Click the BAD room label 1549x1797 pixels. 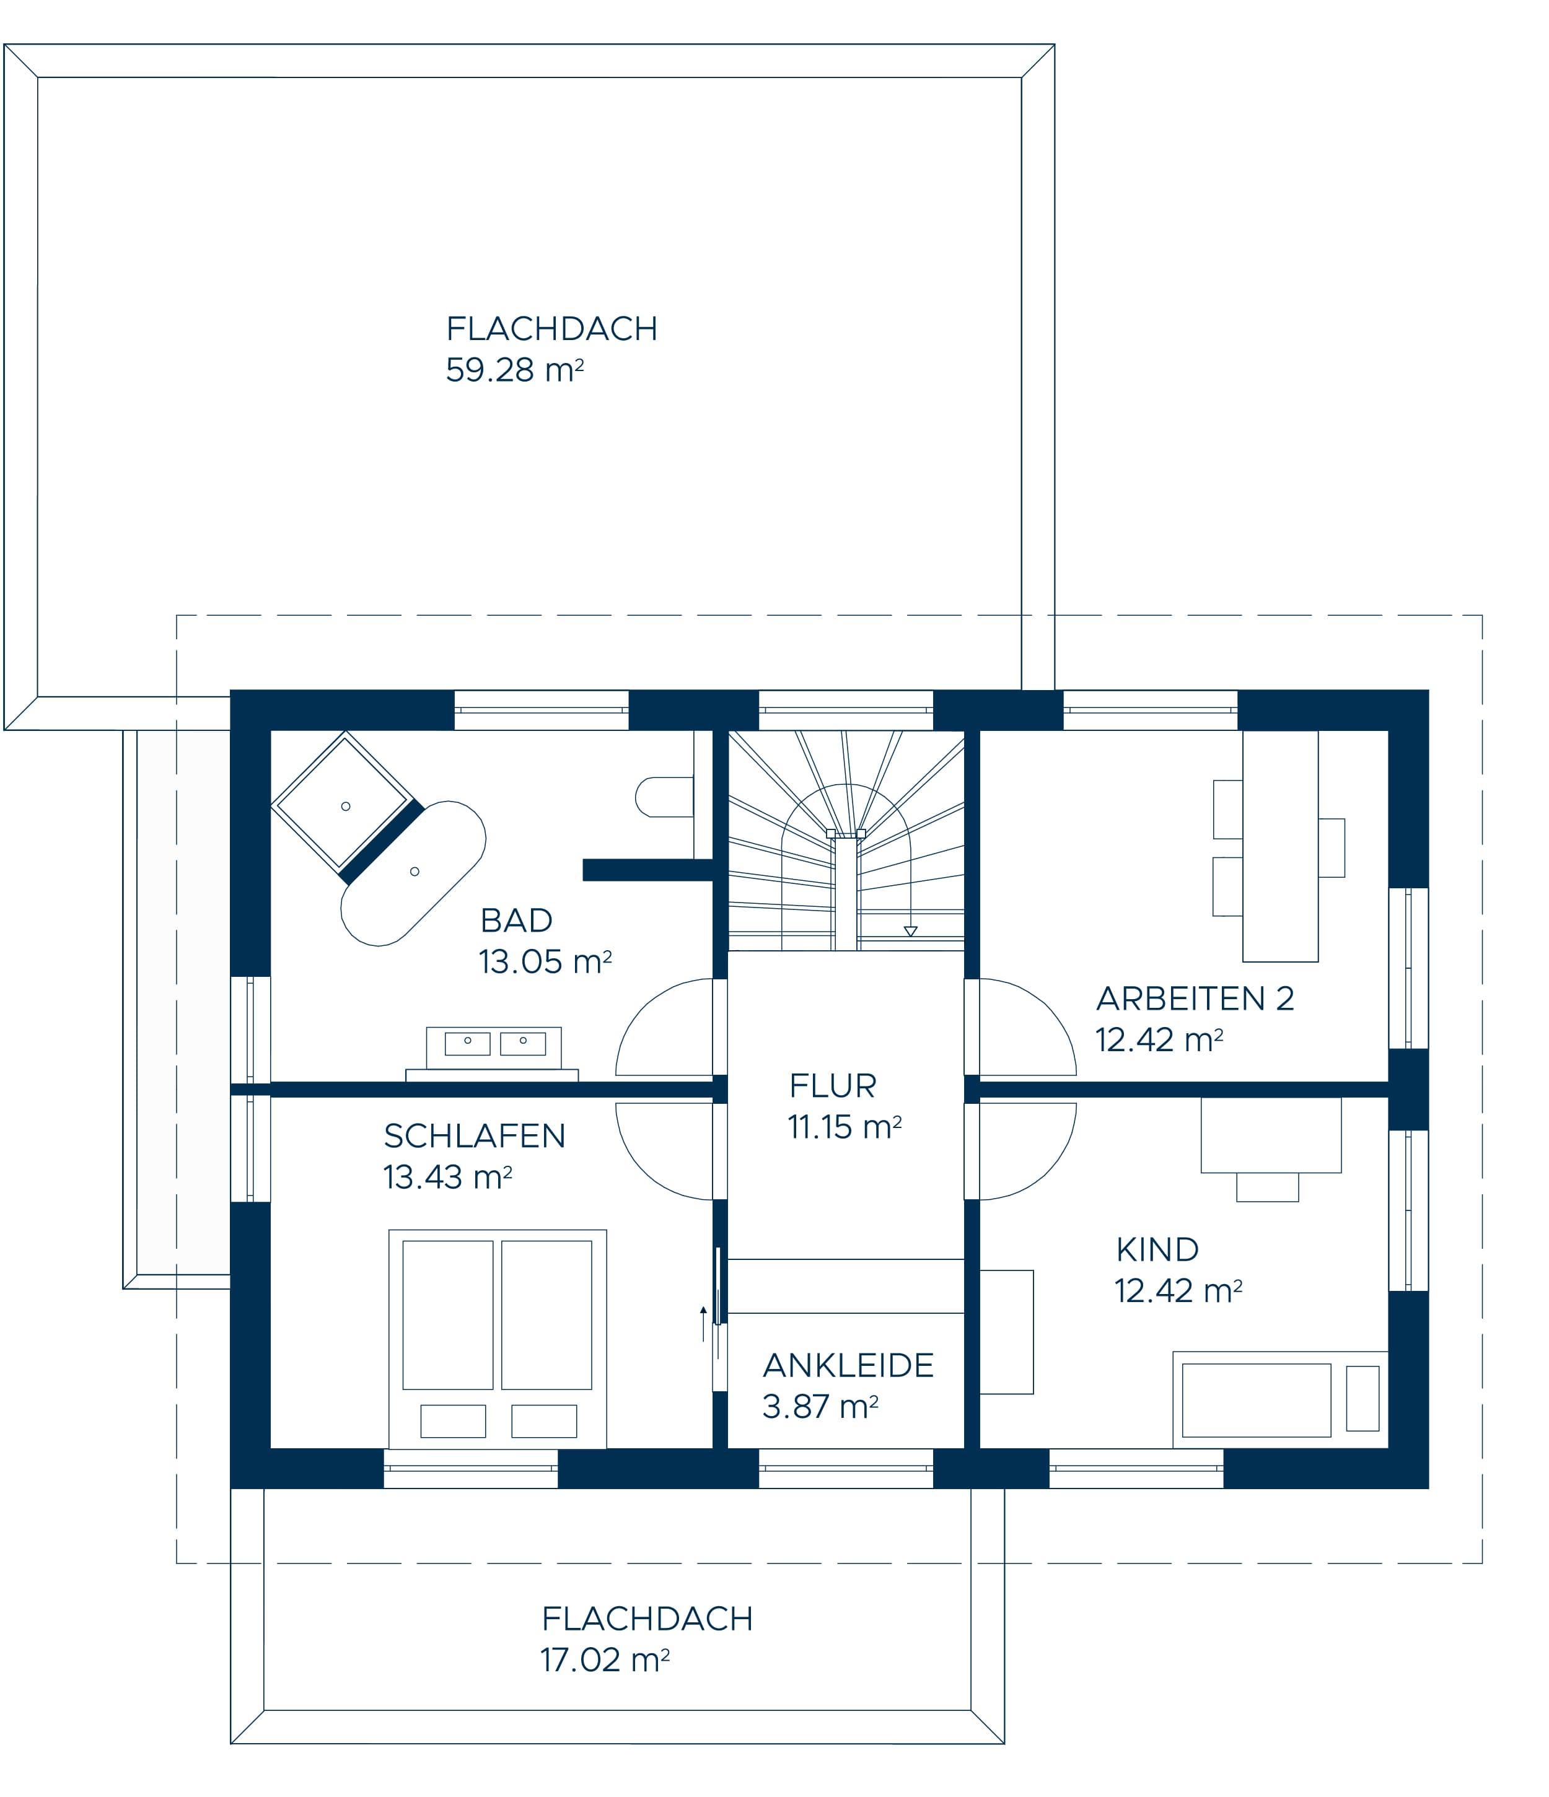[516, 920]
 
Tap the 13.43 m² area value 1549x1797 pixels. [447, 1177]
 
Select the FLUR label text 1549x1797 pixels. [833, 1086]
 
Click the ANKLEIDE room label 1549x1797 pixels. [848, 1365]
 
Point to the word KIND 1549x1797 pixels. [1157, 1250]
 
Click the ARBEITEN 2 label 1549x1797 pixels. [1195, 999]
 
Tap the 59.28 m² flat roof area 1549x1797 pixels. [514, 370]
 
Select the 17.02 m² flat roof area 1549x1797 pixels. [605, 1660]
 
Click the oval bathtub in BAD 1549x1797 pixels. [413, 872]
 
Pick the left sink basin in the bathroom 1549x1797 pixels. [467, 1043]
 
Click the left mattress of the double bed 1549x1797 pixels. [447, 1315]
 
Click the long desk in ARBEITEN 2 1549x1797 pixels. [1280, 846]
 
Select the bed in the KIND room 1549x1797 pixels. [1280, 1400]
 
